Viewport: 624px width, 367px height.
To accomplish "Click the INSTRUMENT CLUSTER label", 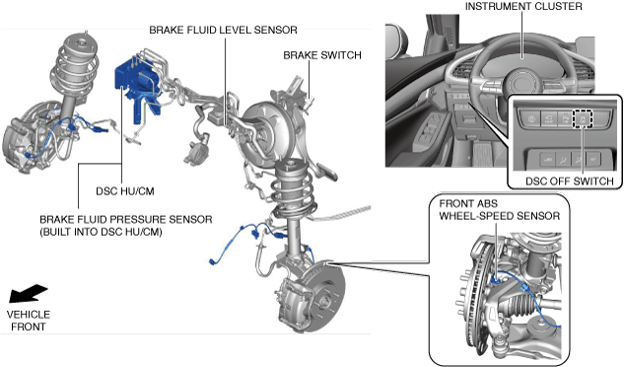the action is point(523,6).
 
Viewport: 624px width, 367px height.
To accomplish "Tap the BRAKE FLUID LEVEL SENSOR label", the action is point(223,31).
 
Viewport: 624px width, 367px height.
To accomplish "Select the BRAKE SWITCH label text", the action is point(322,55).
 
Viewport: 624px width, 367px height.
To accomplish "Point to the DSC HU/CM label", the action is point(125,191).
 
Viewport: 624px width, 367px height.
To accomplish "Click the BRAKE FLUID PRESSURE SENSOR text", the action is point(126,220).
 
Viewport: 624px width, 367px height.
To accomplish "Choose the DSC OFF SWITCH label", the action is point(570,182).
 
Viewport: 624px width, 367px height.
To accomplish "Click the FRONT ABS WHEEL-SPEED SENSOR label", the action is point(500,210).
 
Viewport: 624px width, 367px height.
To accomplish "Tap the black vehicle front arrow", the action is point(28,293).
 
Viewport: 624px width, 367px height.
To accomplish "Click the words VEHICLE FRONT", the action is point(29,321).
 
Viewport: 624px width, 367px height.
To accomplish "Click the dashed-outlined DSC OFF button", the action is point(583,118).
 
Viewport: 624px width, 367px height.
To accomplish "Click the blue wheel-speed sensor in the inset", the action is point(496,280).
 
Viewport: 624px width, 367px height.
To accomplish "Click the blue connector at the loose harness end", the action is point(213,261).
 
